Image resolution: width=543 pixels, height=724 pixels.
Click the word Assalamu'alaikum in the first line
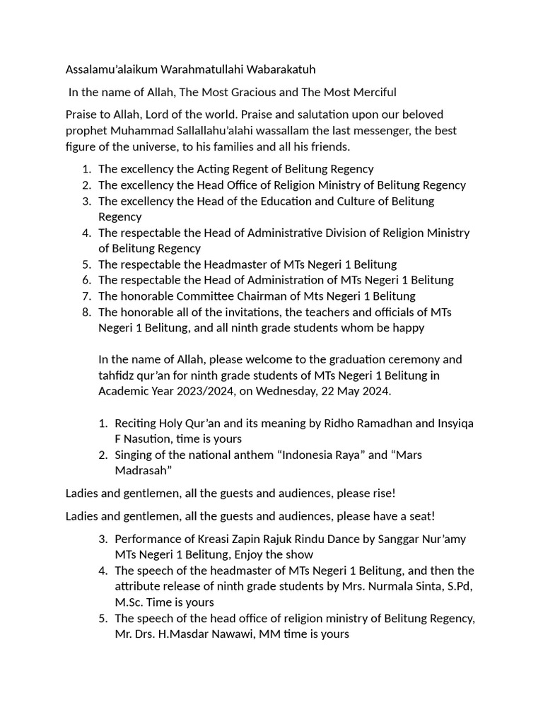pos(112,69)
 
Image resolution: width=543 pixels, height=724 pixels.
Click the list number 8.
pos(86,312)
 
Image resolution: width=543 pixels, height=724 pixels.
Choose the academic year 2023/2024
pos(202,391)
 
